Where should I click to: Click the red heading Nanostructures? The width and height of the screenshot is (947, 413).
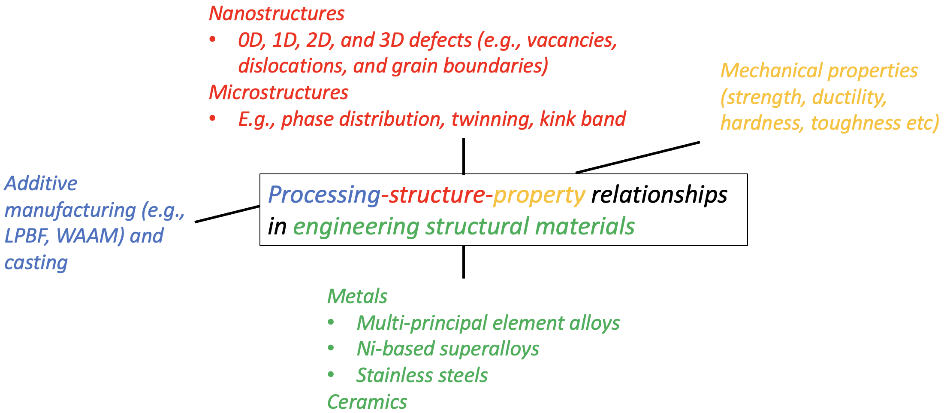tap(277, 14)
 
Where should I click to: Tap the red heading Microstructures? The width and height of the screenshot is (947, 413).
tap(279, 93)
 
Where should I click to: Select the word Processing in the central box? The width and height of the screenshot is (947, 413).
tap(324, 195)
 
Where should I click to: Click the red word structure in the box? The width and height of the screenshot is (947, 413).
tap(437, 195)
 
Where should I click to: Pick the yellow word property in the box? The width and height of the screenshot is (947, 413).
tap(539, 196)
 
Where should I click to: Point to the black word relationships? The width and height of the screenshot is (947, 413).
tap(659, 195)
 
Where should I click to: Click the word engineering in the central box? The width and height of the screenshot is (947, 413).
tap(356, 227)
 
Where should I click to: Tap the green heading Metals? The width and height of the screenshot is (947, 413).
tap(357, 297)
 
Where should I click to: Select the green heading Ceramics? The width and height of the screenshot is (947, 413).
tap(367, 402)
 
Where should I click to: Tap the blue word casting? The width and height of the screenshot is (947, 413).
tap(36, 263)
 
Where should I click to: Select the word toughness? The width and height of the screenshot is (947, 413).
tap(855, 123)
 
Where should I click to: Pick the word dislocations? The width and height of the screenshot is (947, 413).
tap(292, 66)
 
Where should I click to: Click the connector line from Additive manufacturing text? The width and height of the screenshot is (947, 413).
tap(227, 214)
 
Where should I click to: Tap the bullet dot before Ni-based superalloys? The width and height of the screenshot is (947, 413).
tap(331, 348)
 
